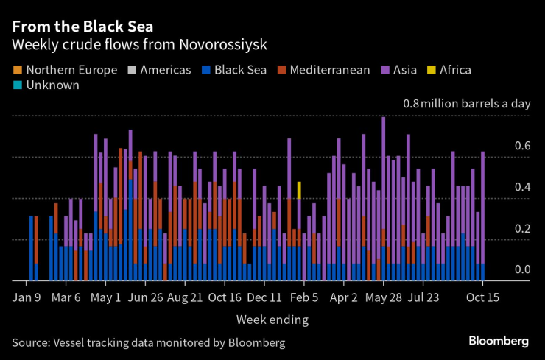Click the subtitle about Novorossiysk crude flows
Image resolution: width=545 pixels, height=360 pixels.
point(139,44)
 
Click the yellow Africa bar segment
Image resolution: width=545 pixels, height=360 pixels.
point(299,190)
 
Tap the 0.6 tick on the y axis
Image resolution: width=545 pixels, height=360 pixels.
point(522,147)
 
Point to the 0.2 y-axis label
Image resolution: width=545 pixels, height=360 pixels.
point(522,229)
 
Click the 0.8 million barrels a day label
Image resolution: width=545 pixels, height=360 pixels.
point(465,104)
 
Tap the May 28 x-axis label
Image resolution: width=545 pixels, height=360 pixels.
point(383,298)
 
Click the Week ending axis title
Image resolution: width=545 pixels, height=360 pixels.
point(272,320)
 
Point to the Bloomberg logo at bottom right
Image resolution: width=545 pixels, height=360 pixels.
point(499,341)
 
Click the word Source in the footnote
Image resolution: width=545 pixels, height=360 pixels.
point(32,342)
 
